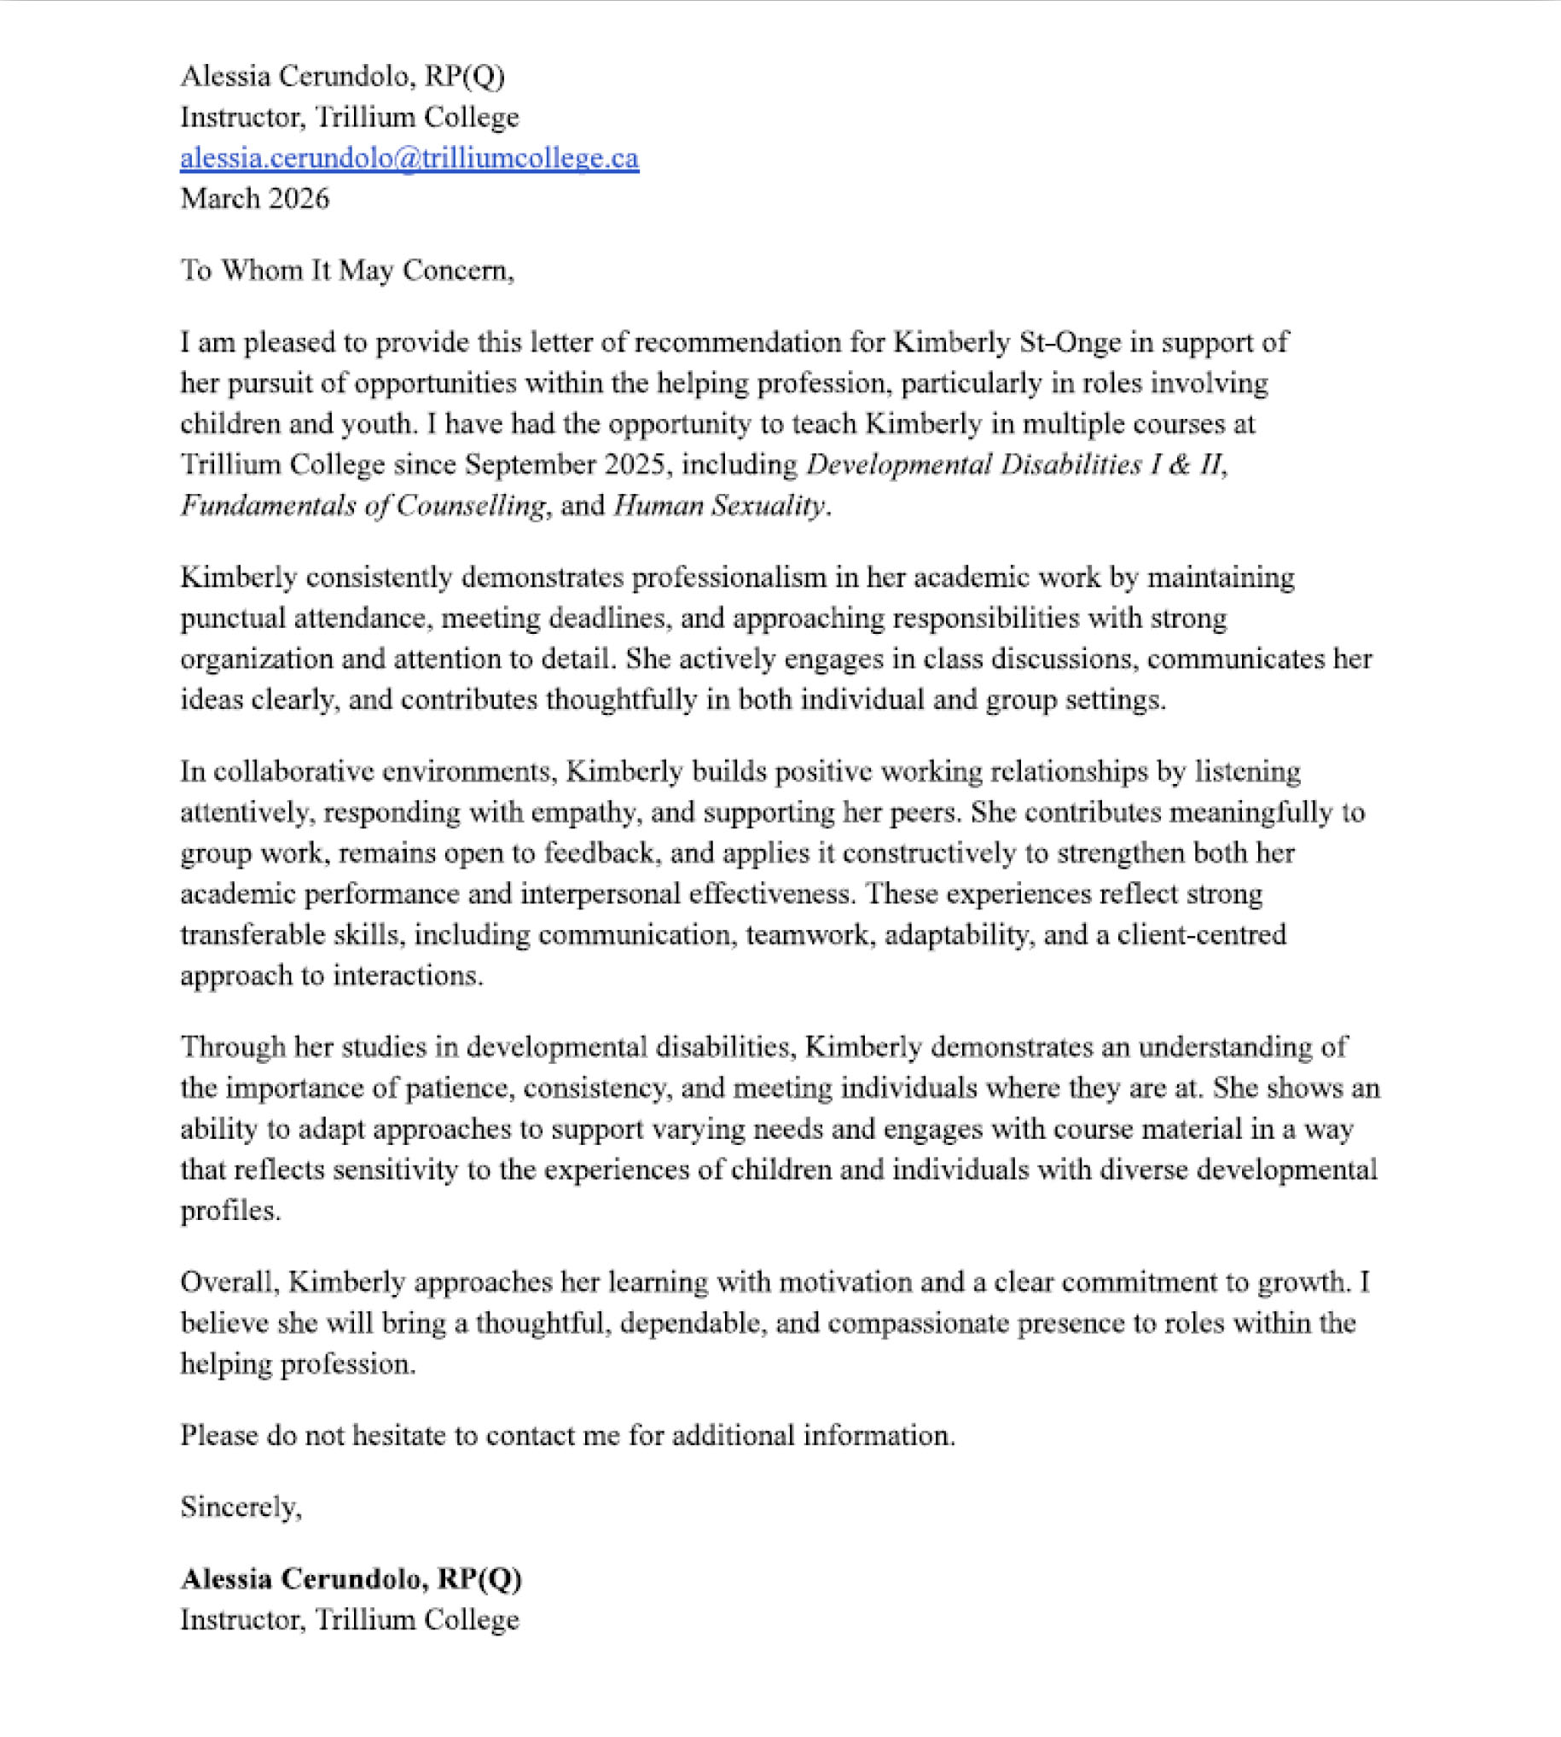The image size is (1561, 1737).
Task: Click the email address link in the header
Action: coord(409,158)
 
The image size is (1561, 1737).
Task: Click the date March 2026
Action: coord(254,199)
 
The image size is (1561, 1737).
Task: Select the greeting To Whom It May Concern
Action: coord(346,270)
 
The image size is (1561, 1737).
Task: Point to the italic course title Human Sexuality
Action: coord(719,505)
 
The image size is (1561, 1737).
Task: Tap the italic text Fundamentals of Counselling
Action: coord(363,505)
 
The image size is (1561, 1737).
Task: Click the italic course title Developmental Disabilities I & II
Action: coord(1017,465)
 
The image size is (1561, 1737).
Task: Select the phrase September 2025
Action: coord(565,465)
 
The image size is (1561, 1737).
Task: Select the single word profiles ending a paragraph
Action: coord(229,1211)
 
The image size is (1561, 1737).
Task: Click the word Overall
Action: coord(229,1282)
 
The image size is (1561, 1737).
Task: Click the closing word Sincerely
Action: coord(241,1508)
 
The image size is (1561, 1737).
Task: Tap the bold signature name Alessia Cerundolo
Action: coord(300,1579)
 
